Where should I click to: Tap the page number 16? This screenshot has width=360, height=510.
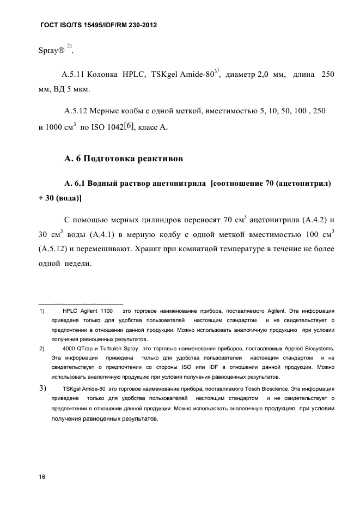click(x=42, y=477)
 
